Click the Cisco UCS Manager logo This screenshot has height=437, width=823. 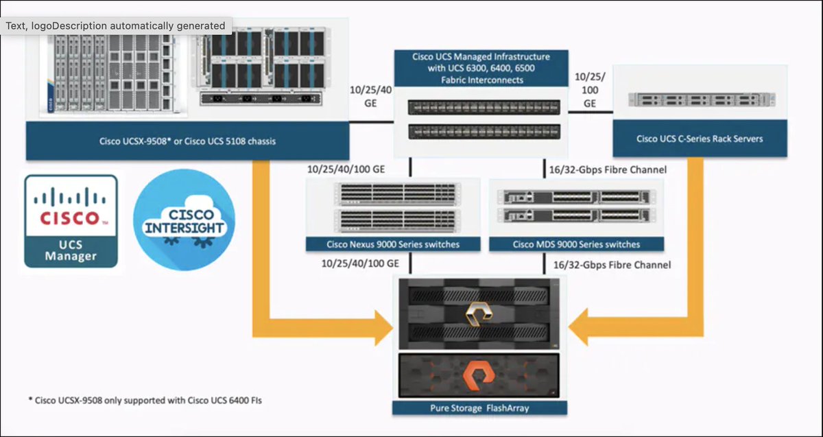(x=71, y=221)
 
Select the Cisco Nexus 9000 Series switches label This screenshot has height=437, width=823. (x=393, y=244)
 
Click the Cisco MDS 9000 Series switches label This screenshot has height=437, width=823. (x=576, y=244)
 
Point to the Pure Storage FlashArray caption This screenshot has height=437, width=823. (x=479, y=408)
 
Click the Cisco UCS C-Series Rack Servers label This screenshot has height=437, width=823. (x=700, y=139)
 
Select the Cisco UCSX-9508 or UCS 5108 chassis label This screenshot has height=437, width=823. (x=186, y=142)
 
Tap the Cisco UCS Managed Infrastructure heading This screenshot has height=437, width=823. (x=481, y=68)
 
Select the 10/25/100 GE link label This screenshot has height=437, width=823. (x=589, y=90)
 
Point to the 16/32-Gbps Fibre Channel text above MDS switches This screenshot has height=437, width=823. (x=608, y=169)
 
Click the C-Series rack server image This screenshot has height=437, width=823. (x=700, y=99)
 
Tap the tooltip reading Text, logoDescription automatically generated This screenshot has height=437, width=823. (x=116, y=25)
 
